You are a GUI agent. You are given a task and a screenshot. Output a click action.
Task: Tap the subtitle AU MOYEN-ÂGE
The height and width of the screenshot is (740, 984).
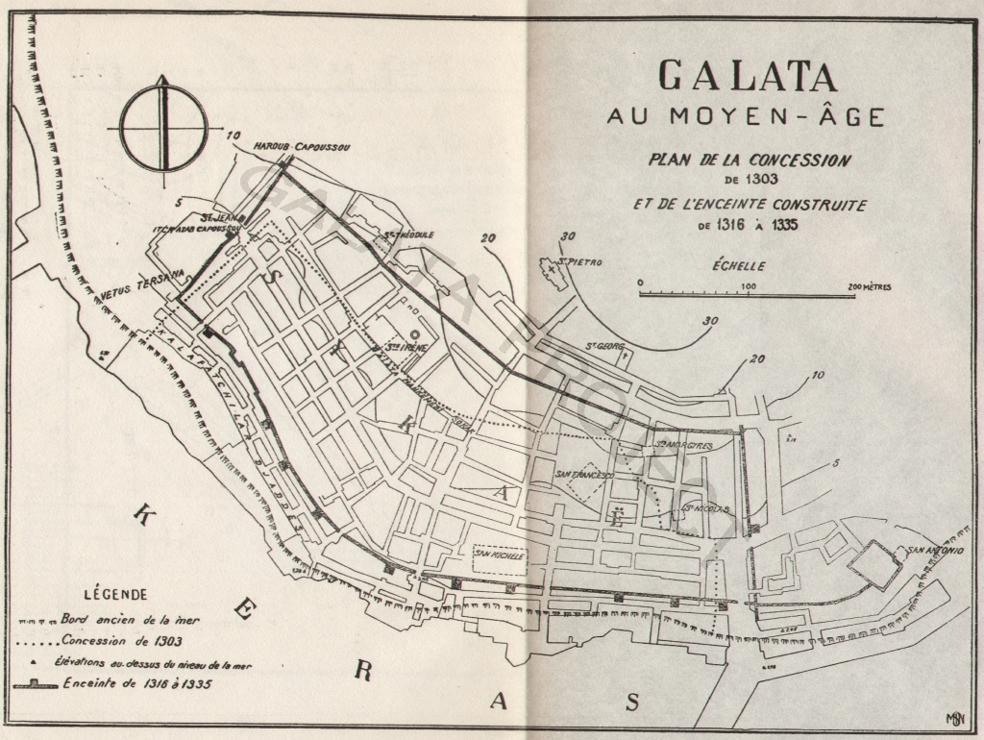click(x=746, y=117)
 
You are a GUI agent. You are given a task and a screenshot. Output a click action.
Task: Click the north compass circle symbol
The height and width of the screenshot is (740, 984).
click(x=163, y=126)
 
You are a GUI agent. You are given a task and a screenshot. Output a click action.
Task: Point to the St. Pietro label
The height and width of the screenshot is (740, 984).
click(x=581, y=260)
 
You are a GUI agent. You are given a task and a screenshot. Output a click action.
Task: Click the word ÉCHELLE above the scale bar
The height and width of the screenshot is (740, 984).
click(x=739, y=266)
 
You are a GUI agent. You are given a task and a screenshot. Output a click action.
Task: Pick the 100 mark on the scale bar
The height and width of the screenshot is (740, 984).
click(x=748, y=287)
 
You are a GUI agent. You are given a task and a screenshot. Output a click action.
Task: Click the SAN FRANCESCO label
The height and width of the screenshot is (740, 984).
click(x=585, y=475)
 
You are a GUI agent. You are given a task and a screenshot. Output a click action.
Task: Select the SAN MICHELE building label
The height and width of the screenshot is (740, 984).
click(x=497, y=555)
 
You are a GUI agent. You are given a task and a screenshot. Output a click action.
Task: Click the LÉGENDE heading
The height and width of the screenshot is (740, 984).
click(x=115, y=594)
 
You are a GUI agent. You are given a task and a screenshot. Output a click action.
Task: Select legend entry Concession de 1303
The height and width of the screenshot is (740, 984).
click(x=121, y=640)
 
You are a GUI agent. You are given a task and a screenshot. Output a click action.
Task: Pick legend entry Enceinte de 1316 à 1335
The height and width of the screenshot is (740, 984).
click(x=136, y=684)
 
